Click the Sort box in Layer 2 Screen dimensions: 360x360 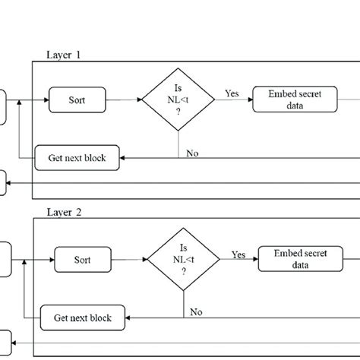[83, 259]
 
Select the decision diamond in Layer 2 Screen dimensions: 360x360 [183, 259]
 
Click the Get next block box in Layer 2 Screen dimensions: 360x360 [84, 317]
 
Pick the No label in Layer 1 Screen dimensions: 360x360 [193, 153]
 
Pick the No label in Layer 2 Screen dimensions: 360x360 [196, 311]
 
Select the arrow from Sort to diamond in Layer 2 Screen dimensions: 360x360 [128, 259]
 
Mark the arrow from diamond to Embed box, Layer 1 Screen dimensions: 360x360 [232, 100]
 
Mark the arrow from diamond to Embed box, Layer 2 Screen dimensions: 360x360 [238, 260]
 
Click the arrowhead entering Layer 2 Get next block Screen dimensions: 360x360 [129, 317]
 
